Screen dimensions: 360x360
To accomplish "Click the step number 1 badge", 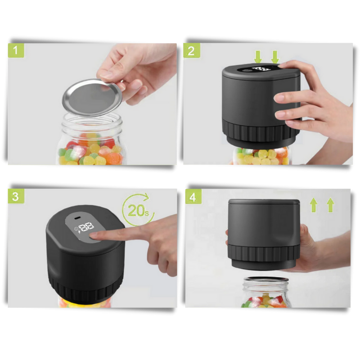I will (16, 51).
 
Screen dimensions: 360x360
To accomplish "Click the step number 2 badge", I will (191, 51).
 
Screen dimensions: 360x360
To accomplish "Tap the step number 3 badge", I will (16, 197).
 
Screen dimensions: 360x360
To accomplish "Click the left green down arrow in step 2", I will (258, 57).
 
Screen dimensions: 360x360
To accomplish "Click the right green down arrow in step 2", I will (275, 57).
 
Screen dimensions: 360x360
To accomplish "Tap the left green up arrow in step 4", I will (314, 205).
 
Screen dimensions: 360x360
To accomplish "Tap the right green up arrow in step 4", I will (331, 205).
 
